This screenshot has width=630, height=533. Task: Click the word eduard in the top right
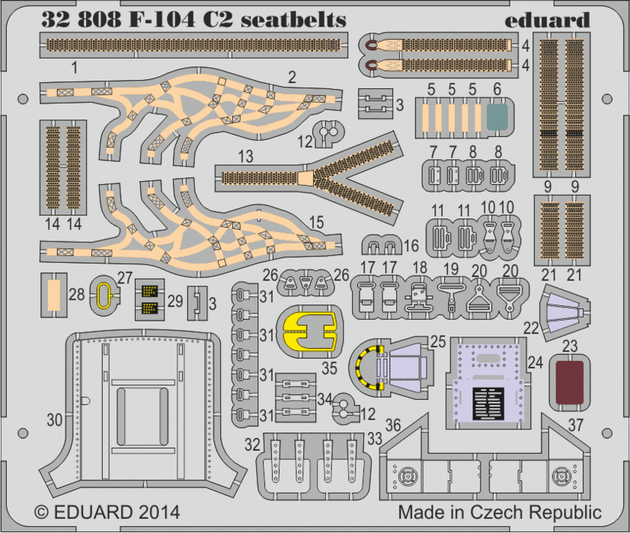(x=546, y=19)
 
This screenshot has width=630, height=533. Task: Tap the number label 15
(x=317, y=222)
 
